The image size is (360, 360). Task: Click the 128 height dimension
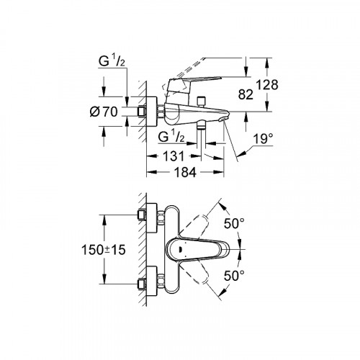tap(267, 85)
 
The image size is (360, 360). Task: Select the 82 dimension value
tap(246, 94)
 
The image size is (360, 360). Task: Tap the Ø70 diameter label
tap(104, 112)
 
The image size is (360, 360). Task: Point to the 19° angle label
tap(264, 139)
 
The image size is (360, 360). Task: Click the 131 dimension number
tap(174, 156)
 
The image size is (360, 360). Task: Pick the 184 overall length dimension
tap(185, 172)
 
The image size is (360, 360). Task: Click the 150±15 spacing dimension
tap(104, 250)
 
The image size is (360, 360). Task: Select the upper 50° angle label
tap(234, 224)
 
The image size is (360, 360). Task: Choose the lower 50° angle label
tap(234, 276)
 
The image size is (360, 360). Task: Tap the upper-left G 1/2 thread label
tap(112, 61)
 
